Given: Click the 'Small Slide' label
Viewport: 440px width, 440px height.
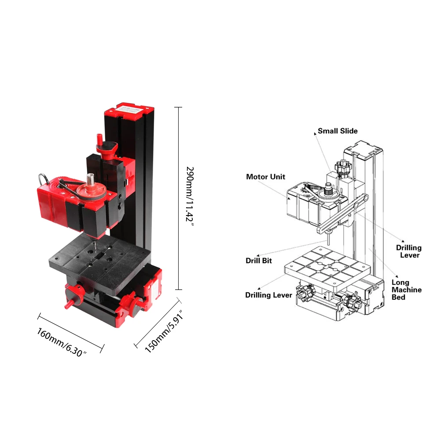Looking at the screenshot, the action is (x=337, y=131).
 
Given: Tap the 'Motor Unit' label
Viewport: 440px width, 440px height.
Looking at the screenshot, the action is (x=265, y=177).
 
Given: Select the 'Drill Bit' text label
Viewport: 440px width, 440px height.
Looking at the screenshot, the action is (x=259, y=260).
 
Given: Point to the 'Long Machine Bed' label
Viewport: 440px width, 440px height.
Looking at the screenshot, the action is (x=407, y=290).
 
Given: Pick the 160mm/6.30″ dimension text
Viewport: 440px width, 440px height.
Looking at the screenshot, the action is (x=62, y=342).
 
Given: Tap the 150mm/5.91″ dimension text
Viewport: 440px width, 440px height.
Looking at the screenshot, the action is (x=164, y=331).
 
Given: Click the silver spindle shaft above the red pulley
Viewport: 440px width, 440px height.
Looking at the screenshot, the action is (x=90, y=179).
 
